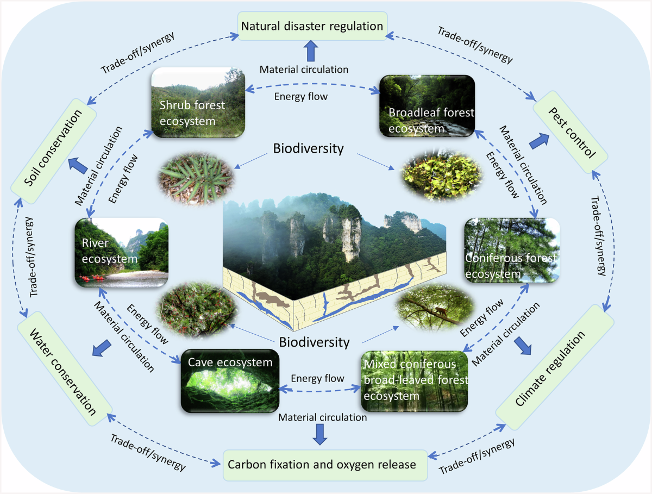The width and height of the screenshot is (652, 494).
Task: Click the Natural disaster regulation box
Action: pyautogui.click(x=312, y=26)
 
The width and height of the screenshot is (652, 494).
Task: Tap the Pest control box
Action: pyautogui.click(x=570, y=132)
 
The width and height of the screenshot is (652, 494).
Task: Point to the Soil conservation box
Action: pyautogui.click(x=53, y=151)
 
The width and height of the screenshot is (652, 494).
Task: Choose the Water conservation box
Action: pyautogui.click(x=65, y=368)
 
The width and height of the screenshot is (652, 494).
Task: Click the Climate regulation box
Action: pyautogui.click(x=555, y=367)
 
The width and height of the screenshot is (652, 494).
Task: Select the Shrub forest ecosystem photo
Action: pyautogui.click(x=198, y=103)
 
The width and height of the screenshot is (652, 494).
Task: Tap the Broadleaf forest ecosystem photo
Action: pyautogui.click(x=427, y=106)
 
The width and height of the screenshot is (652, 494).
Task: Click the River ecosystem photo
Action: pyautogui.click(x=122, y=253)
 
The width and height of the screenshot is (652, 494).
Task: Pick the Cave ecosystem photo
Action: pyautogui.click(x=230, y=381)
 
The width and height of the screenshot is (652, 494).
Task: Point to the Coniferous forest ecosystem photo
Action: pyautogui.click(x=512, y=250)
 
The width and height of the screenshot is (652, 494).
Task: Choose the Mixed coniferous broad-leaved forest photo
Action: pyautogui.click(x=415, y=382)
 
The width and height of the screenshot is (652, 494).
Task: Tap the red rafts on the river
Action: pyautogui.click(x=92, y=278)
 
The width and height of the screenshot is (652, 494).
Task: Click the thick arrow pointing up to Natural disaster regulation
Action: pyautogui.click(x=311, y=51)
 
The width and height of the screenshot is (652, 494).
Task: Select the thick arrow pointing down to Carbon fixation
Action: pyautogui.click(x=320, y=434)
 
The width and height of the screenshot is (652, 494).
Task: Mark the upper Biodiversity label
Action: pyautogui.click(x=308, y=148)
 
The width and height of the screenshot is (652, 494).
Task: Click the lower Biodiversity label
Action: pyautogui.click(x=314, y=342)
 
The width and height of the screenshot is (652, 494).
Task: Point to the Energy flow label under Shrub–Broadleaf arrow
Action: pyautogui.click(x=300, y=97)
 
